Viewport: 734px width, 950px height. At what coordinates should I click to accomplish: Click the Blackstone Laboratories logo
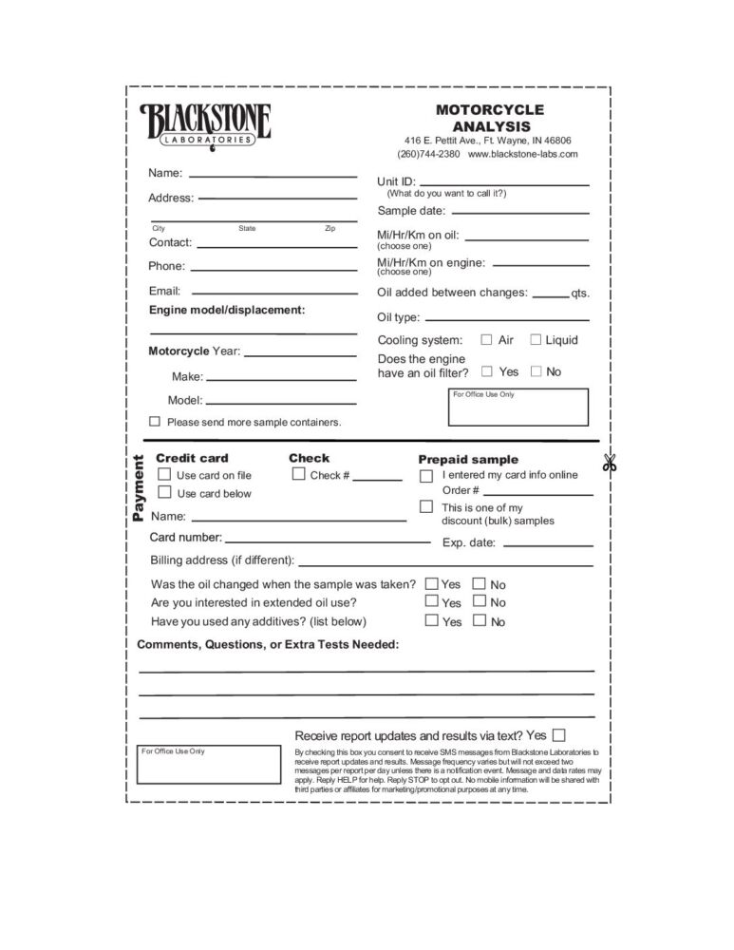coord(206,124)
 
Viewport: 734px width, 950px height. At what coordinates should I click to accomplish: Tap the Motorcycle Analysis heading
coord(490,118)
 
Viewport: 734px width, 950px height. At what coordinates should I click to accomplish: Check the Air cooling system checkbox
coord(487,339)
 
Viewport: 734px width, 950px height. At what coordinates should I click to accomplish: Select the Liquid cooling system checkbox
coord(536,339)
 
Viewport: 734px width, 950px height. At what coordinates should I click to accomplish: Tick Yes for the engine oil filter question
coord(487,371)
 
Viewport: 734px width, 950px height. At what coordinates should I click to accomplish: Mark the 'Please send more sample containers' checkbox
coord(155,421)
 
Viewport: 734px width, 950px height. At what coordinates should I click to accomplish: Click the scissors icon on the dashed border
coord(609,464)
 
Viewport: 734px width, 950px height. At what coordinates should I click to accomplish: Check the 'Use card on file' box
coord(164,474)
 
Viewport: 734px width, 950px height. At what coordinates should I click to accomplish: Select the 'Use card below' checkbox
coord(164,492)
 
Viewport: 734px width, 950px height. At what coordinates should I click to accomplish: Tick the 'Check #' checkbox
coord(298,474)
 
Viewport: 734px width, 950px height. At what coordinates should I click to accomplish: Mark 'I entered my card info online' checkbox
coord(426,475)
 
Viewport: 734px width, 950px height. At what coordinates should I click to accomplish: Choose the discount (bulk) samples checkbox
coord(426,507)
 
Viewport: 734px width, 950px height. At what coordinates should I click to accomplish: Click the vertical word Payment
coord(139,488)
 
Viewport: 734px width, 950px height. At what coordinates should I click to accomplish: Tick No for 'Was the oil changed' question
coord(479,584)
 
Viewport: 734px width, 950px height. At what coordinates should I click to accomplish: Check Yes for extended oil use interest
coord(432,601)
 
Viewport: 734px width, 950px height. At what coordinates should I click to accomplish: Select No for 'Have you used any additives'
coord(479,620)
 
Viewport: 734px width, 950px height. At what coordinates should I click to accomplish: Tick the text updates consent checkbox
coord(558,734)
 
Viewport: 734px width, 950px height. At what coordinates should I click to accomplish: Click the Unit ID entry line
coord(504,182)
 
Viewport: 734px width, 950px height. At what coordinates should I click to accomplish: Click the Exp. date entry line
coord(548,543)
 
